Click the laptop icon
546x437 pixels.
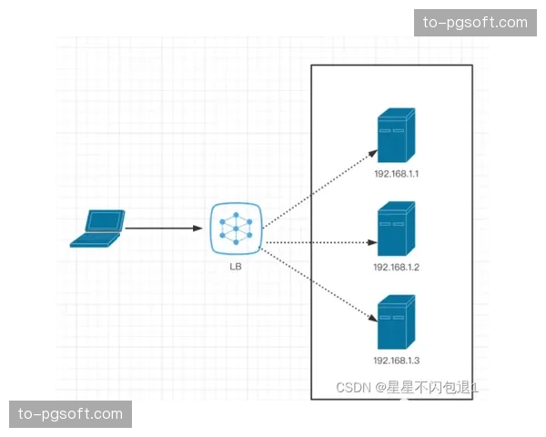coord(97,229)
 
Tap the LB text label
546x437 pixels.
coord(236,266)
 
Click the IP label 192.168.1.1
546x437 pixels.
coord(395,173)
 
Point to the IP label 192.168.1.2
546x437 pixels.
coord(395,267)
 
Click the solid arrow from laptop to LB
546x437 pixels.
coord(164,229)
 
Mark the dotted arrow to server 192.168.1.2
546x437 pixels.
coord(318,243)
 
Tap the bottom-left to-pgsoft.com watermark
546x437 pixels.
coord(72,414)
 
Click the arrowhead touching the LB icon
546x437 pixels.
coord(198,229)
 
